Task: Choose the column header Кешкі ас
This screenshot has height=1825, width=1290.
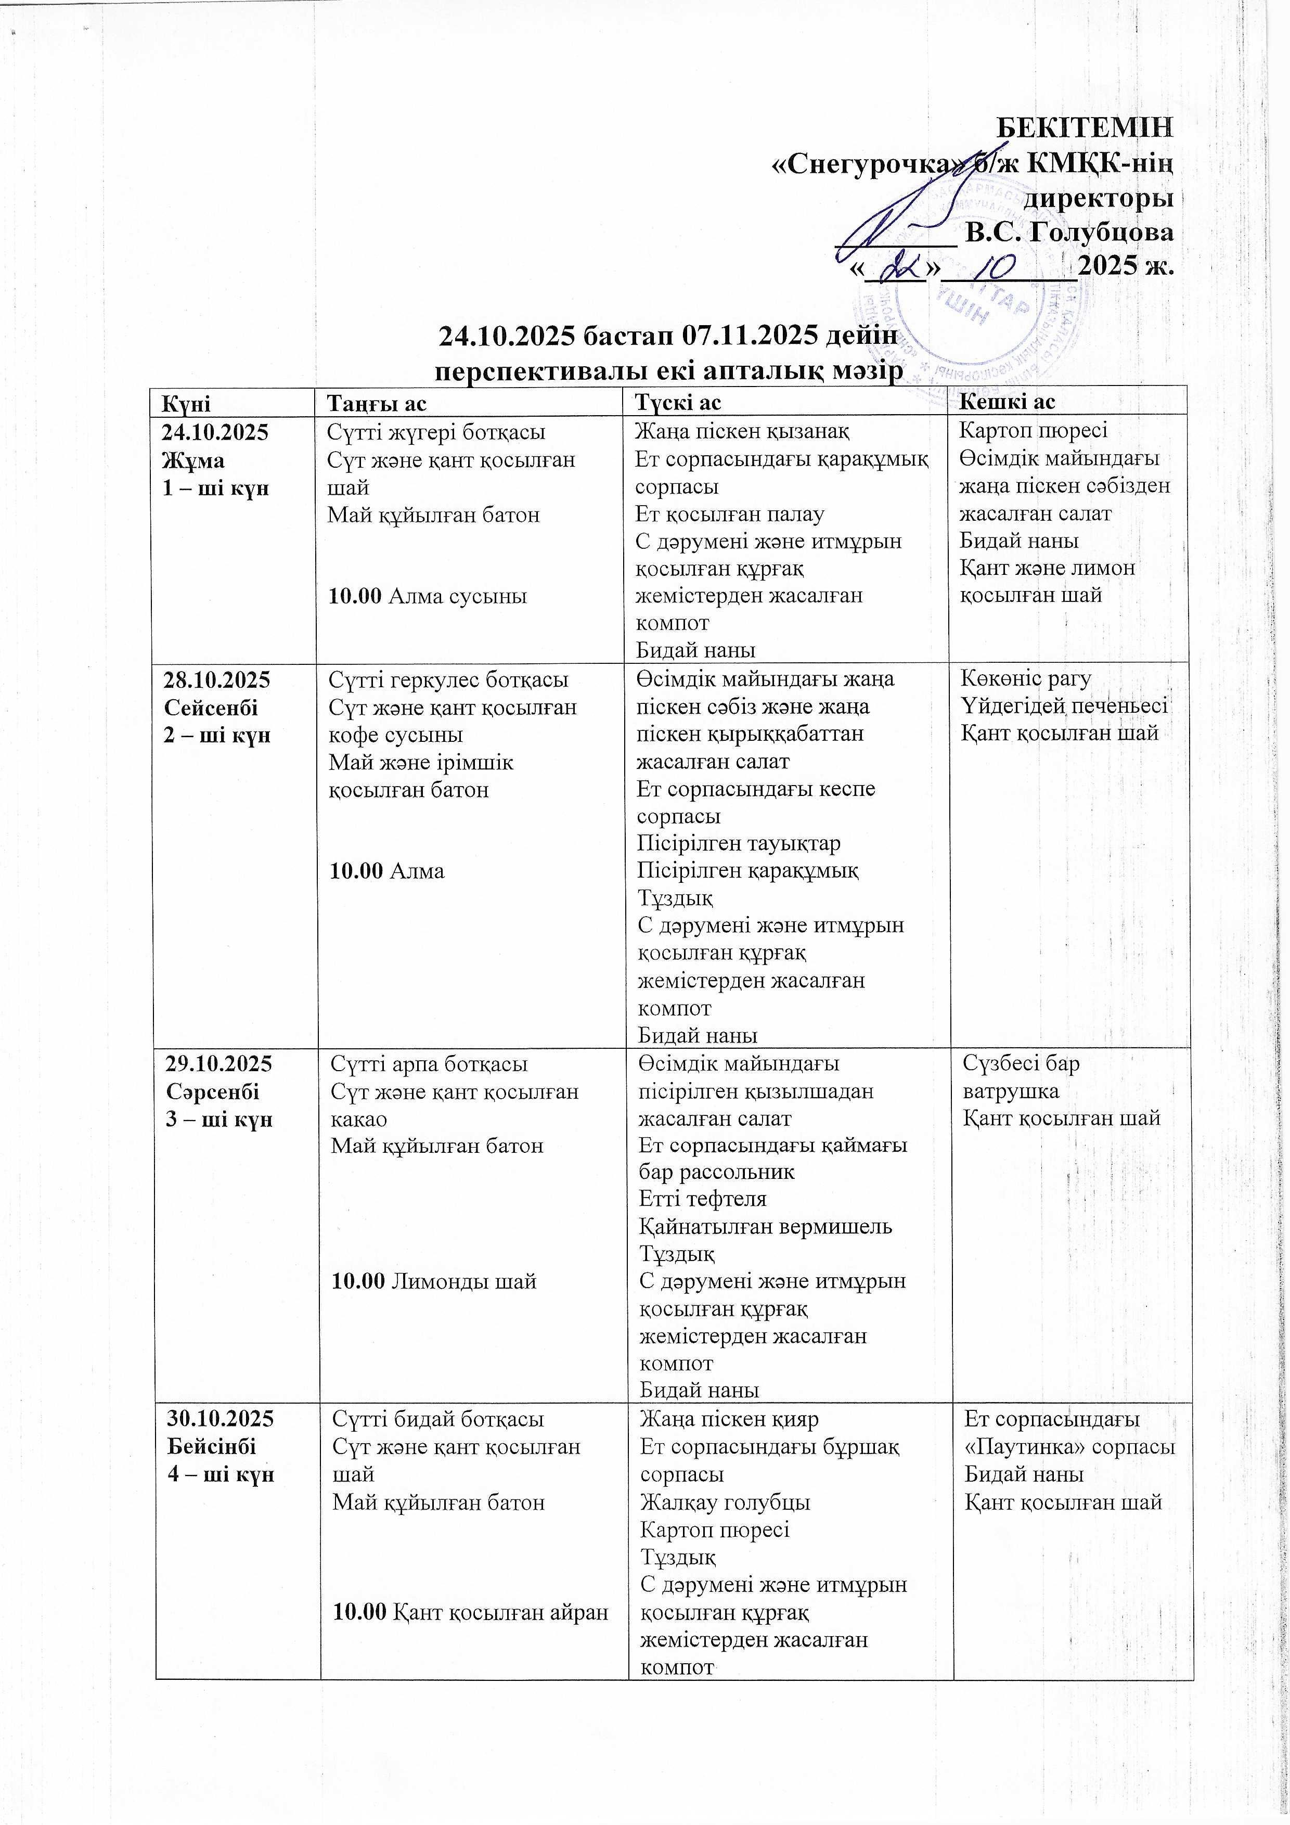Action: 1007,402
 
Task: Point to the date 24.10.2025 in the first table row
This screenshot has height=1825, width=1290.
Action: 215,433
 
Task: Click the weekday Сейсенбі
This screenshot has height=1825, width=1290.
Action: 211,708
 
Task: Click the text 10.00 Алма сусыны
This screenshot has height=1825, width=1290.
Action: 428,596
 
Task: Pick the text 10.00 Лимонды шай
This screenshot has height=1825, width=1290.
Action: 433,1281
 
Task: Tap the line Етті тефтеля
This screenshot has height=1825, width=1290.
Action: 703,1199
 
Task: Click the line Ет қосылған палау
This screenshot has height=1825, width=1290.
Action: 730,515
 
